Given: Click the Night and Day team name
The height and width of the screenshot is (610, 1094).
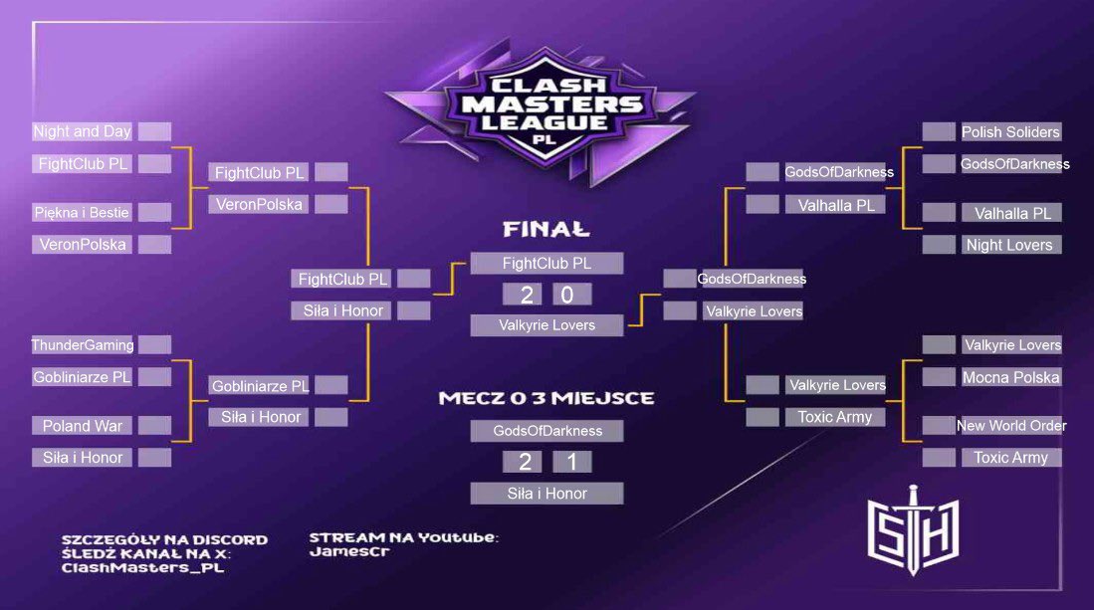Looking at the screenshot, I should (83, 131).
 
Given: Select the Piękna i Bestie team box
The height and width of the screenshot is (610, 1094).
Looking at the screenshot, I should (83, 212).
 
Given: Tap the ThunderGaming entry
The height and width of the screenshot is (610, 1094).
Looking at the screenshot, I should (83, 345).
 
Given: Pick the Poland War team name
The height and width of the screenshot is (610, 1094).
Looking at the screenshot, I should (83, 426).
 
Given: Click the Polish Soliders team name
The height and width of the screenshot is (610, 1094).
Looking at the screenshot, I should (1010, 131).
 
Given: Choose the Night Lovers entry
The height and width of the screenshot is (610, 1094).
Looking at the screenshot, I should (1008, 245).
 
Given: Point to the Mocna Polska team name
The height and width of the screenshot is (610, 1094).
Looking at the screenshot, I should (1010, 377).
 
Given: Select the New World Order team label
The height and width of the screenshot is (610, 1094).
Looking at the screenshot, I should (1010, 426).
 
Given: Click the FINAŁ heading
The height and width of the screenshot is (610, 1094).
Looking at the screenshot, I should (546, 230).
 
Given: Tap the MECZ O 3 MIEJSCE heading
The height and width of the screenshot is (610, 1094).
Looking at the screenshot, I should (547, 398).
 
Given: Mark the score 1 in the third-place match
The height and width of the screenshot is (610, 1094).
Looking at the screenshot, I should (571, 462).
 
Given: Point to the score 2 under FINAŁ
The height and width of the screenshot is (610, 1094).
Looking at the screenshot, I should (523, 295).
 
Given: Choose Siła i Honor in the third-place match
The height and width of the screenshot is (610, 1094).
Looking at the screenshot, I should (547, 494).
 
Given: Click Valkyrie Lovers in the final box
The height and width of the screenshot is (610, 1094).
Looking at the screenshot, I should (547, 324).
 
